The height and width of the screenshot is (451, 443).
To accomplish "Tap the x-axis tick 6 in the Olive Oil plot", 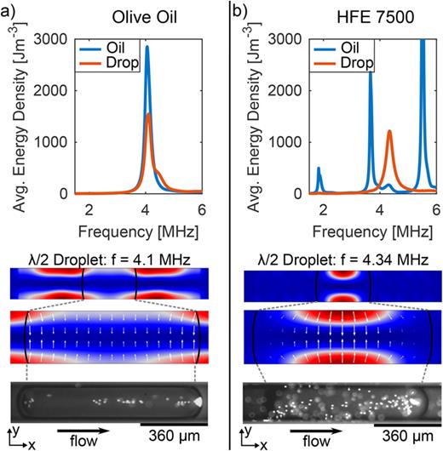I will point(201,209).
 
